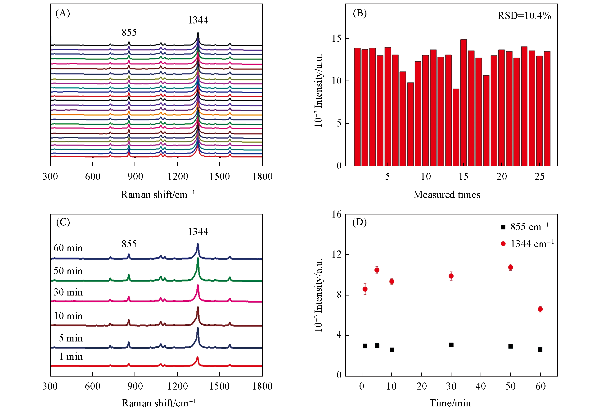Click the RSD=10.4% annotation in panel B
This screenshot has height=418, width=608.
click(x=524, y=16)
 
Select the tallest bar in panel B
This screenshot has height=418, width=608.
click(x=463, y=102)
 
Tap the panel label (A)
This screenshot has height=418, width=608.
click(x=63, y=13)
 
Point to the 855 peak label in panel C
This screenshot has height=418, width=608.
click(x=129, y=244)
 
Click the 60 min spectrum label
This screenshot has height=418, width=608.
click(x=68, y=248)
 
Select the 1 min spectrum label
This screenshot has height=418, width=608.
click(x=71, y=356)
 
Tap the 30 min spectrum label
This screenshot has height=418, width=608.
click(x=68, y=292)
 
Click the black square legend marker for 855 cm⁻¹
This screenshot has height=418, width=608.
click(x=503, y=227)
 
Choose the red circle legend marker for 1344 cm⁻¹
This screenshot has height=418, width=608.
click(x=503, y=244)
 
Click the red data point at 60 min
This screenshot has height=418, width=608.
click(x=540, y=309)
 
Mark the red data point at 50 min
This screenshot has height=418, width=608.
click(x=510, y=267)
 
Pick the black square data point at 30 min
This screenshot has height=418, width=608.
click(x=451, y=345)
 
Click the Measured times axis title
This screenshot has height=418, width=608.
click(x=447, y=195)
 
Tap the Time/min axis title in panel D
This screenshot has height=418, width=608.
click(x=450, y=403)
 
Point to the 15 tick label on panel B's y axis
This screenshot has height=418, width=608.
click(x=337, y=38)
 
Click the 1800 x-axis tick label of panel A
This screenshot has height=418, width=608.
click(x=262, y=177)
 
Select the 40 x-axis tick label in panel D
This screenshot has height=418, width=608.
click(x=481, y=386)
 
